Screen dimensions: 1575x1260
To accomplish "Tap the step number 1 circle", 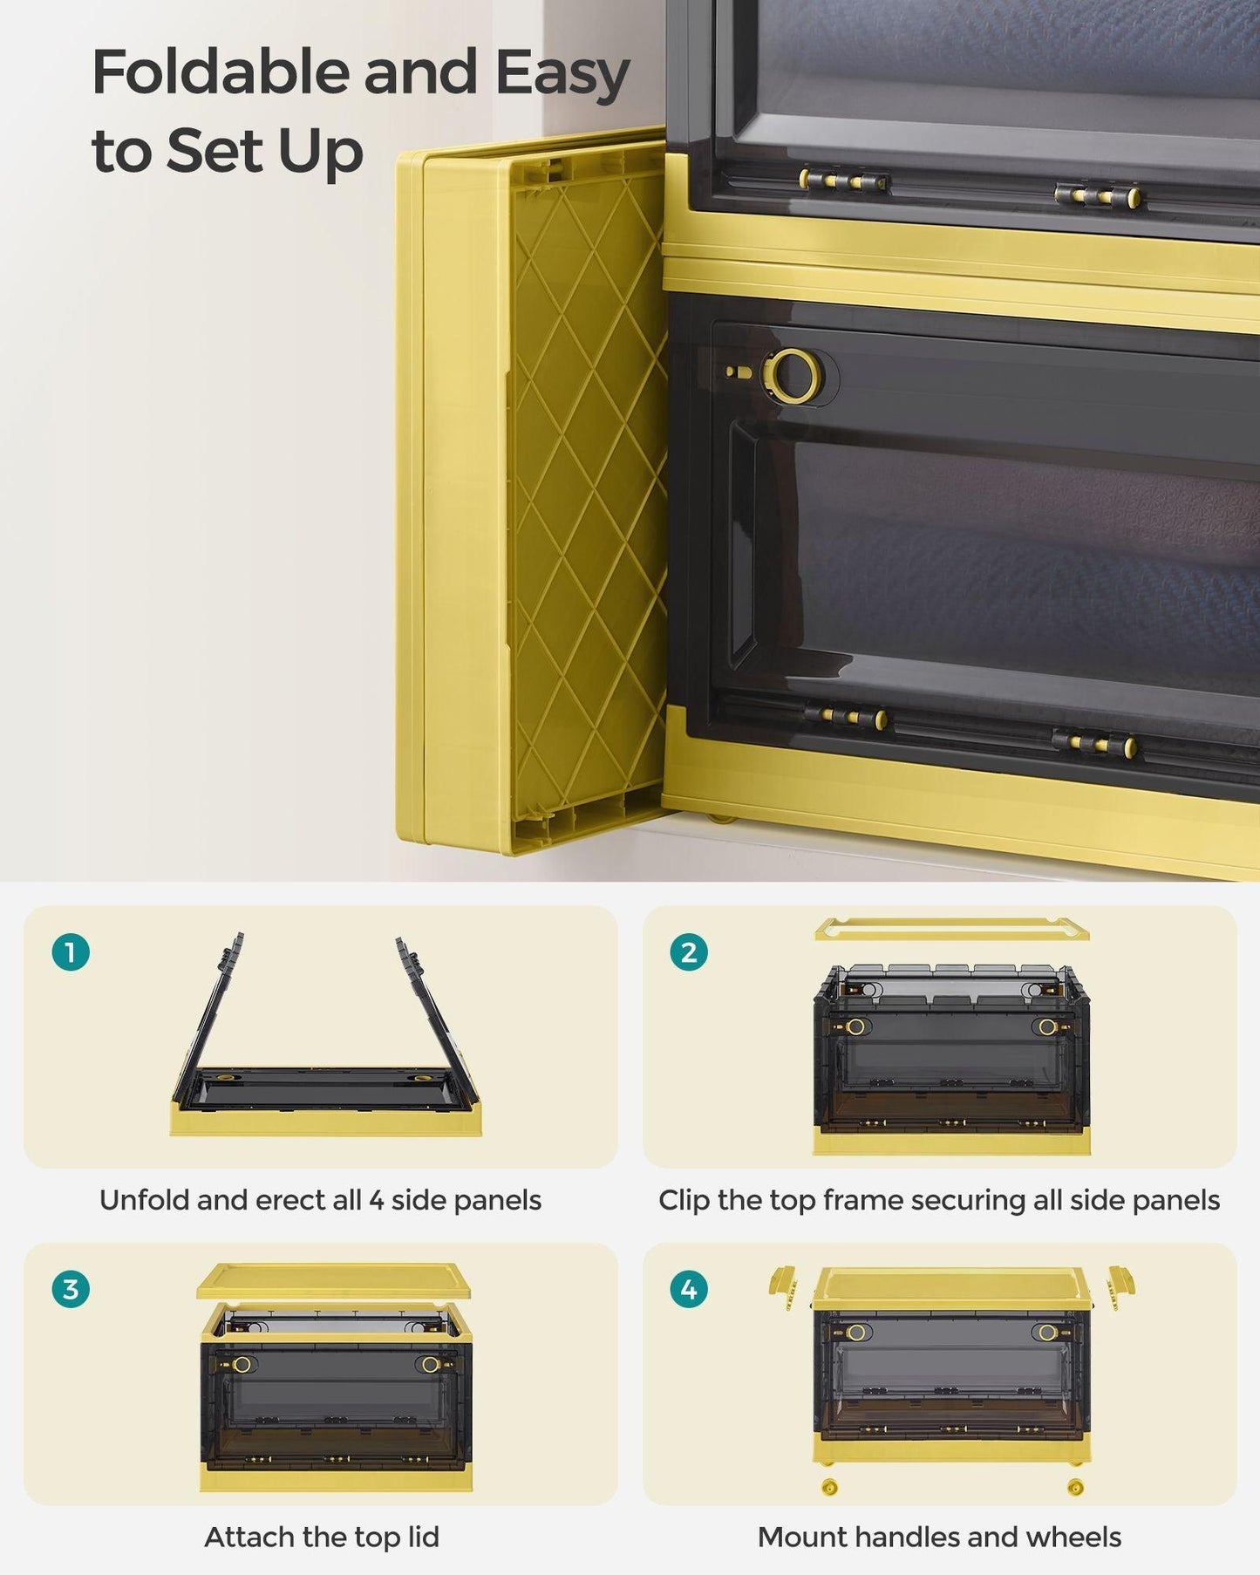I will (71, 951).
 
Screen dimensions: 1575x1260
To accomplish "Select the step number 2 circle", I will (689, 951).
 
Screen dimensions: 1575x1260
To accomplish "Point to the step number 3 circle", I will (71, 1288).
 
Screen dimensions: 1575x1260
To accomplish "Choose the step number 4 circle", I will (689, 1288).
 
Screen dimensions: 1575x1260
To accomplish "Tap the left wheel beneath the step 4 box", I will (829, 1486).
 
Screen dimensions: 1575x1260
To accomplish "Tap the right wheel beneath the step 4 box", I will (1075, 1486).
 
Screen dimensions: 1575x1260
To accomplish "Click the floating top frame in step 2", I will (951, 930).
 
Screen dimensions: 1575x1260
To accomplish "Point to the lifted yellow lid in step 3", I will (333, 1280).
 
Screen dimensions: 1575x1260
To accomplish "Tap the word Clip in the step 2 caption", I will (684, 1200).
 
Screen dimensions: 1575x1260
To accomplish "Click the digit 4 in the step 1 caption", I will (376, 1201).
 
